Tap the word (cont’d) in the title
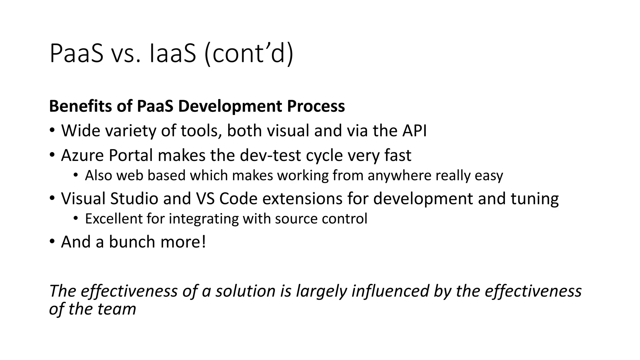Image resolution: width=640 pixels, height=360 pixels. click(x=249, y=53)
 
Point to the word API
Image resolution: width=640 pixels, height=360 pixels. click(x=414, y=130)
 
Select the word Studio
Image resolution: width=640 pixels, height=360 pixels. click(x=134, y=198)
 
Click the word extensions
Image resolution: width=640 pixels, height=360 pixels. click(x=302, y=198)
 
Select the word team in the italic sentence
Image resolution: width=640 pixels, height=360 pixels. click(x=117, y=309)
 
